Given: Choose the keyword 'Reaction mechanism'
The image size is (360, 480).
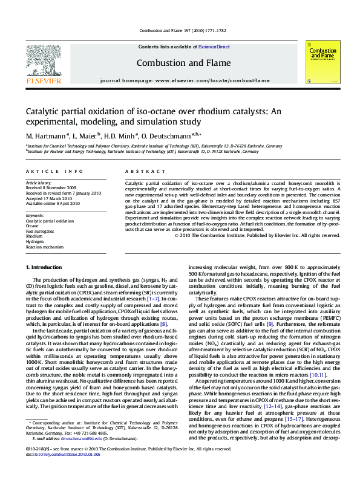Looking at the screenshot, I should point(45,246).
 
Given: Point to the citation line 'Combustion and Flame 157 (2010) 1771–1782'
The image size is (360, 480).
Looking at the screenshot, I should point(180,30).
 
